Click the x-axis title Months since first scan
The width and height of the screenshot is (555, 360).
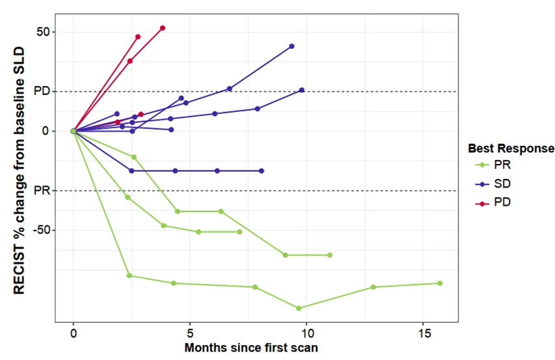pyautogui.click(x=251, y=348)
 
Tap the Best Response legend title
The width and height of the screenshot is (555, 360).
pyautogui.click(x=510, y=148)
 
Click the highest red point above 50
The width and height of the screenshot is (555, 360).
pyautogui.click(x=163, y=28)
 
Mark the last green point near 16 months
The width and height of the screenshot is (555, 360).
pyautogui.click(x=440, y=283)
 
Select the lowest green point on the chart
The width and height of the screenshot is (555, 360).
pyautogui.click(x=299, y=308)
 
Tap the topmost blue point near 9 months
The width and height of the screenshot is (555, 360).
pyautogui.click(x=291, y=46)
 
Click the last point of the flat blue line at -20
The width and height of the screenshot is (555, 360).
pyautogui.click(x=262, y=171)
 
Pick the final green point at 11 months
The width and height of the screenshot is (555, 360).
pyautogui.click(x=330, y=255)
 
